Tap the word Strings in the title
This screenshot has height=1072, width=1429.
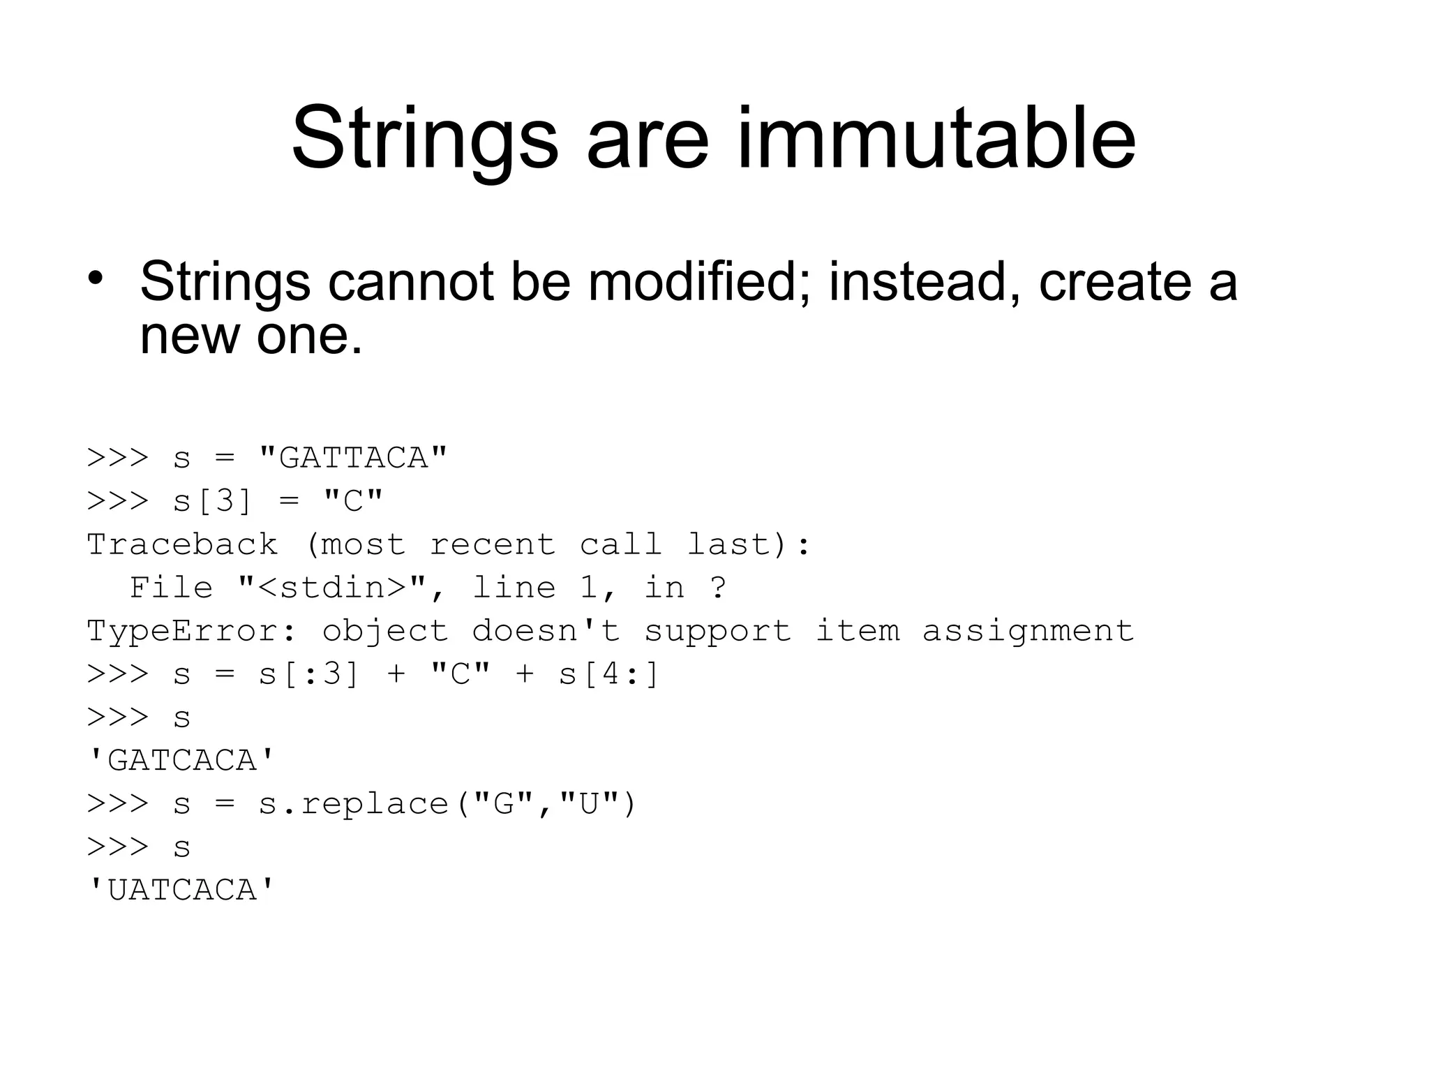pos(425,138)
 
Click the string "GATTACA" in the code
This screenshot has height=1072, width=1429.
pos(352,459)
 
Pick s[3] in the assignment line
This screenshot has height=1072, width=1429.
pos(211,502)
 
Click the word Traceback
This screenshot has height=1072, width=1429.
pos(182,545)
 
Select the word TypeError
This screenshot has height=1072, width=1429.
pos(192,632)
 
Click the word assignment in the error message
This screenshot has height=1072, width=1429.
pos(1028,632)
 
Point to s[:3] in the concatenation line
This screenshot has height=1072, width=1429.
pos(308,675)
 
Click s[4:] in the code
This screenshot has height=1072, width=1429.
pos(608,675)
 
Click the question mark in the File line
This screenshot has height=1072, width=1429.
pos(718,588)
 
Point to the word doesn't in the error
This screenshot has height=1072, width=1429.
pos(546,632)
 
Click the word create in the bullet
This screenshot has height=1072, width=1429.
pos(1115,282)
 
